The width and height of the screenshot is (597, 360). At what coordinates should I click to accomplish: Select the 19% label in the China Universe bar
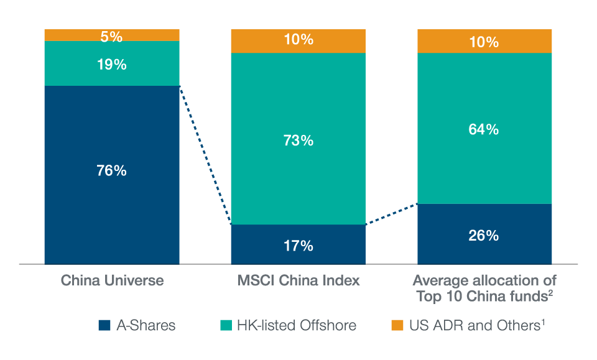click(112, 64)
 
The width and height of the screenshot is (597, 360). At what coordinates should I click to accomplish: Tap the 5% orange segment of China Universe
click(112, 36)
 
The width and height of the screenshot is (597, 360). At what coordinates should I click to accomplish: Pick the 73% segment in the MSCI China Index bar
click(298, 141)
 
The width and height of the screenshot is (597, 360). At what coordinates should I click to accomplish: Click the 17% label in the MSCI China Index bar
click(298, 246)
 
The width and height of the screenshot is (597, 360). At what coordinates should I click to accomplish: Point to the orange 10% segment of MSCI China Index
click(298, 40)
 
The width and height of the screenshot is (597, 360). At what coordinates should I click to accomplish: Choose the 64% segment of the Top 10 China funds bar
click(484, 130)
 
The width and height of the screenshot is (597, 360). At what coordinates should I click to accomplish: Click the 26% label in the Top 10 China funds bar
click(484, 236)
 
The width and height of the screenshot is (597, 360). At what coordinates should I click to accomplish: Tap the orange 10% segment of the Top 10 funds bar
click(484, 42)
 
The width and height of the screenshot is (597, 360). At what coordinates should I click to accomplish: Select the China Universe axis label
click(112, 280)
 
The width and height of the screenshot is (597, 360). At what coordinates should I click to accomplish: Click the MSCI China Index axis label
click(298, 280)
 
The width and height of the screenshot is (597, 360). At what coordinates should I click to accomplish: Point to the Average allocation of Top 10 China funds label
click(484, 288)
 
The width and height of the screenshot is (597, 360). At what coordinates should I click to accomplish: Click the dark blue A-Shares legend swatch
click(104, 325)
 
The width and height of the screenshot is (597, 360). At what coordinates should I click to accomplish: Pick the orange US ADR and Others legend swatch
click(397, 325)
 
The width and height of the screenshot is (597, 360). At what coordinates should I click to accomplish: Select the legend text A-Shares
click(146, 325)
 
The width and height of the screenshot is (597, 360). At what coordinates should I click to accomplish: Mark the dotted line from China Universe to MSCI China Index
click(205, 155)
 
